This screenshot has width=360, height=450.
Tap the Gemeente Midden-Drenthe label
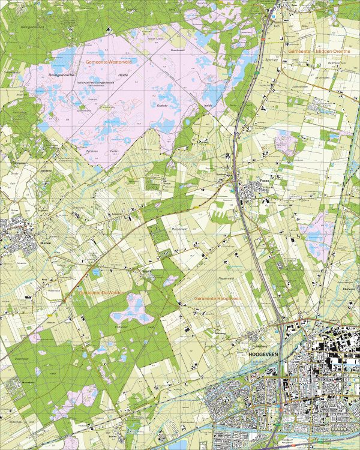[x=317, y=53]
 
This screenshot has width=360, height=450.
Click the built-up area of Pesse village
[x=255, y=191]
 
